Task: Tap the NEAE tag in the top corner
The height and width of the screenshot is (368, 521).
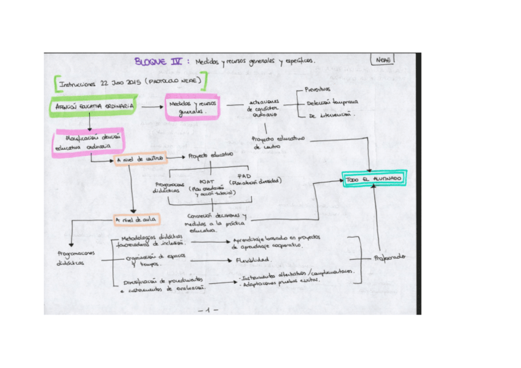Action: click(x=382, y=60)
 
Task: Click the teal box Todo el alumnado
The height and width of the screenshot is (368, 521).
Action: click(x=374, y=178)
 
